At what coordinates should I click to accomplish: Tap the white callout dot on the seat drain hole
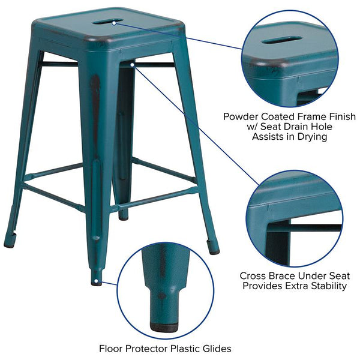[x=114, y=23]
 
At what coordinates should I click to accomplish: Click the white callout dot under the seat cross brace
[x=132, y=65]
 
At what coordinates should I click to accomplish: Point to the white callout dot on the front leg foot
[x=96, y=281]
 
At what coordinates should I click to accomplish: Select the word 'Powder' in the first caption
[x=241, y=116]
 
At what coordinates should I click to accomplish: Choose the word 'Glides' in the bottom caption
[x=217, y=349]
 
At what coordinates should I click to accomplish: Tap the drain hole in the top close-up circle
[x=282, y=40]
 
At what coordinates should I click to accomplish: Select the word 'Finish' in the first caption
[x=343, y=116]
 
